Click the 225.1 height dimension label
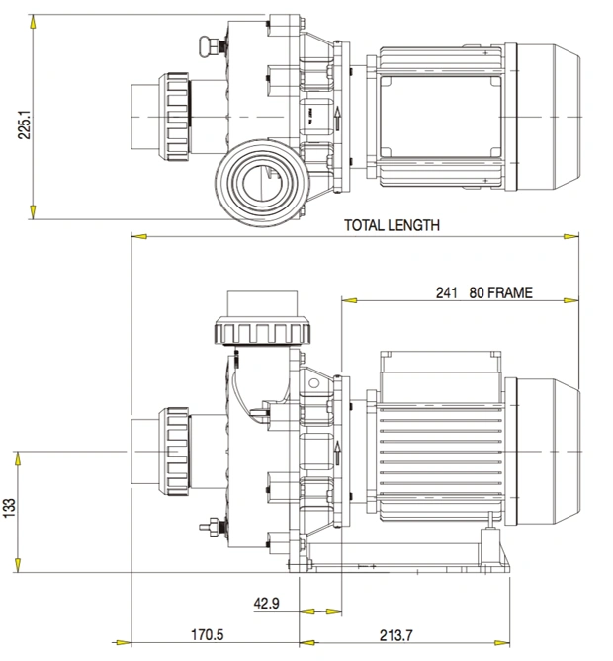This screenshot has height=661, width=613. [x=25, y=124]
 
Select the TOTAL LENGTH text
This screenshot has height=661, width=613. [x=392, y=225]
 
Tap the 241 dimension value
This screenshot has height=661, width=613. [x=446, y=292]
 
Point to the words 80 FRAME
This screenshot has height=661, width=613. [x=500, y=292]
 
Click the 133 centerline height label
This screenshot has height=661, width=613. [x=9, y=508]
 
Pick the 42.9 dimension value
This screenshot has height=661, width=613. [x=266, y=604]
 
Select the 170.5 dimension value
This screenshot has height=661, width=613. [x=208, y=635]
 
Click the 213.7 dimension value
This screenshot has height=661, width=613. [x=396, y=635]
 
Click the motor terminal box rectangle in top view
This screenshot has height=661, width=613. [x=440, y=117]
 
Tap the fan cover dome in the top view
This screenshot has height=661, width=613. [x=549, y=117]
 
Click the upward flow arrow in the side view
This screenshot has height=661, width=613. [x=337, y=454]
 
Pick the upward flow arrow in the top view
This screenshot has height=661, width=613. [x=337, y=119]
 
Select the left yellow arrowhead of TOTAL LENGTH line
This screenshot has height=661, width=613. [x=139, y=236]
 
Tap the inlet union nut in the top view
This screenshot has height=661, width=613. [x=174, y=118]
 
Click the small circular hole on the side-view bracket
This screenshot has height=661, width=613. [x=313, y=383]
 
